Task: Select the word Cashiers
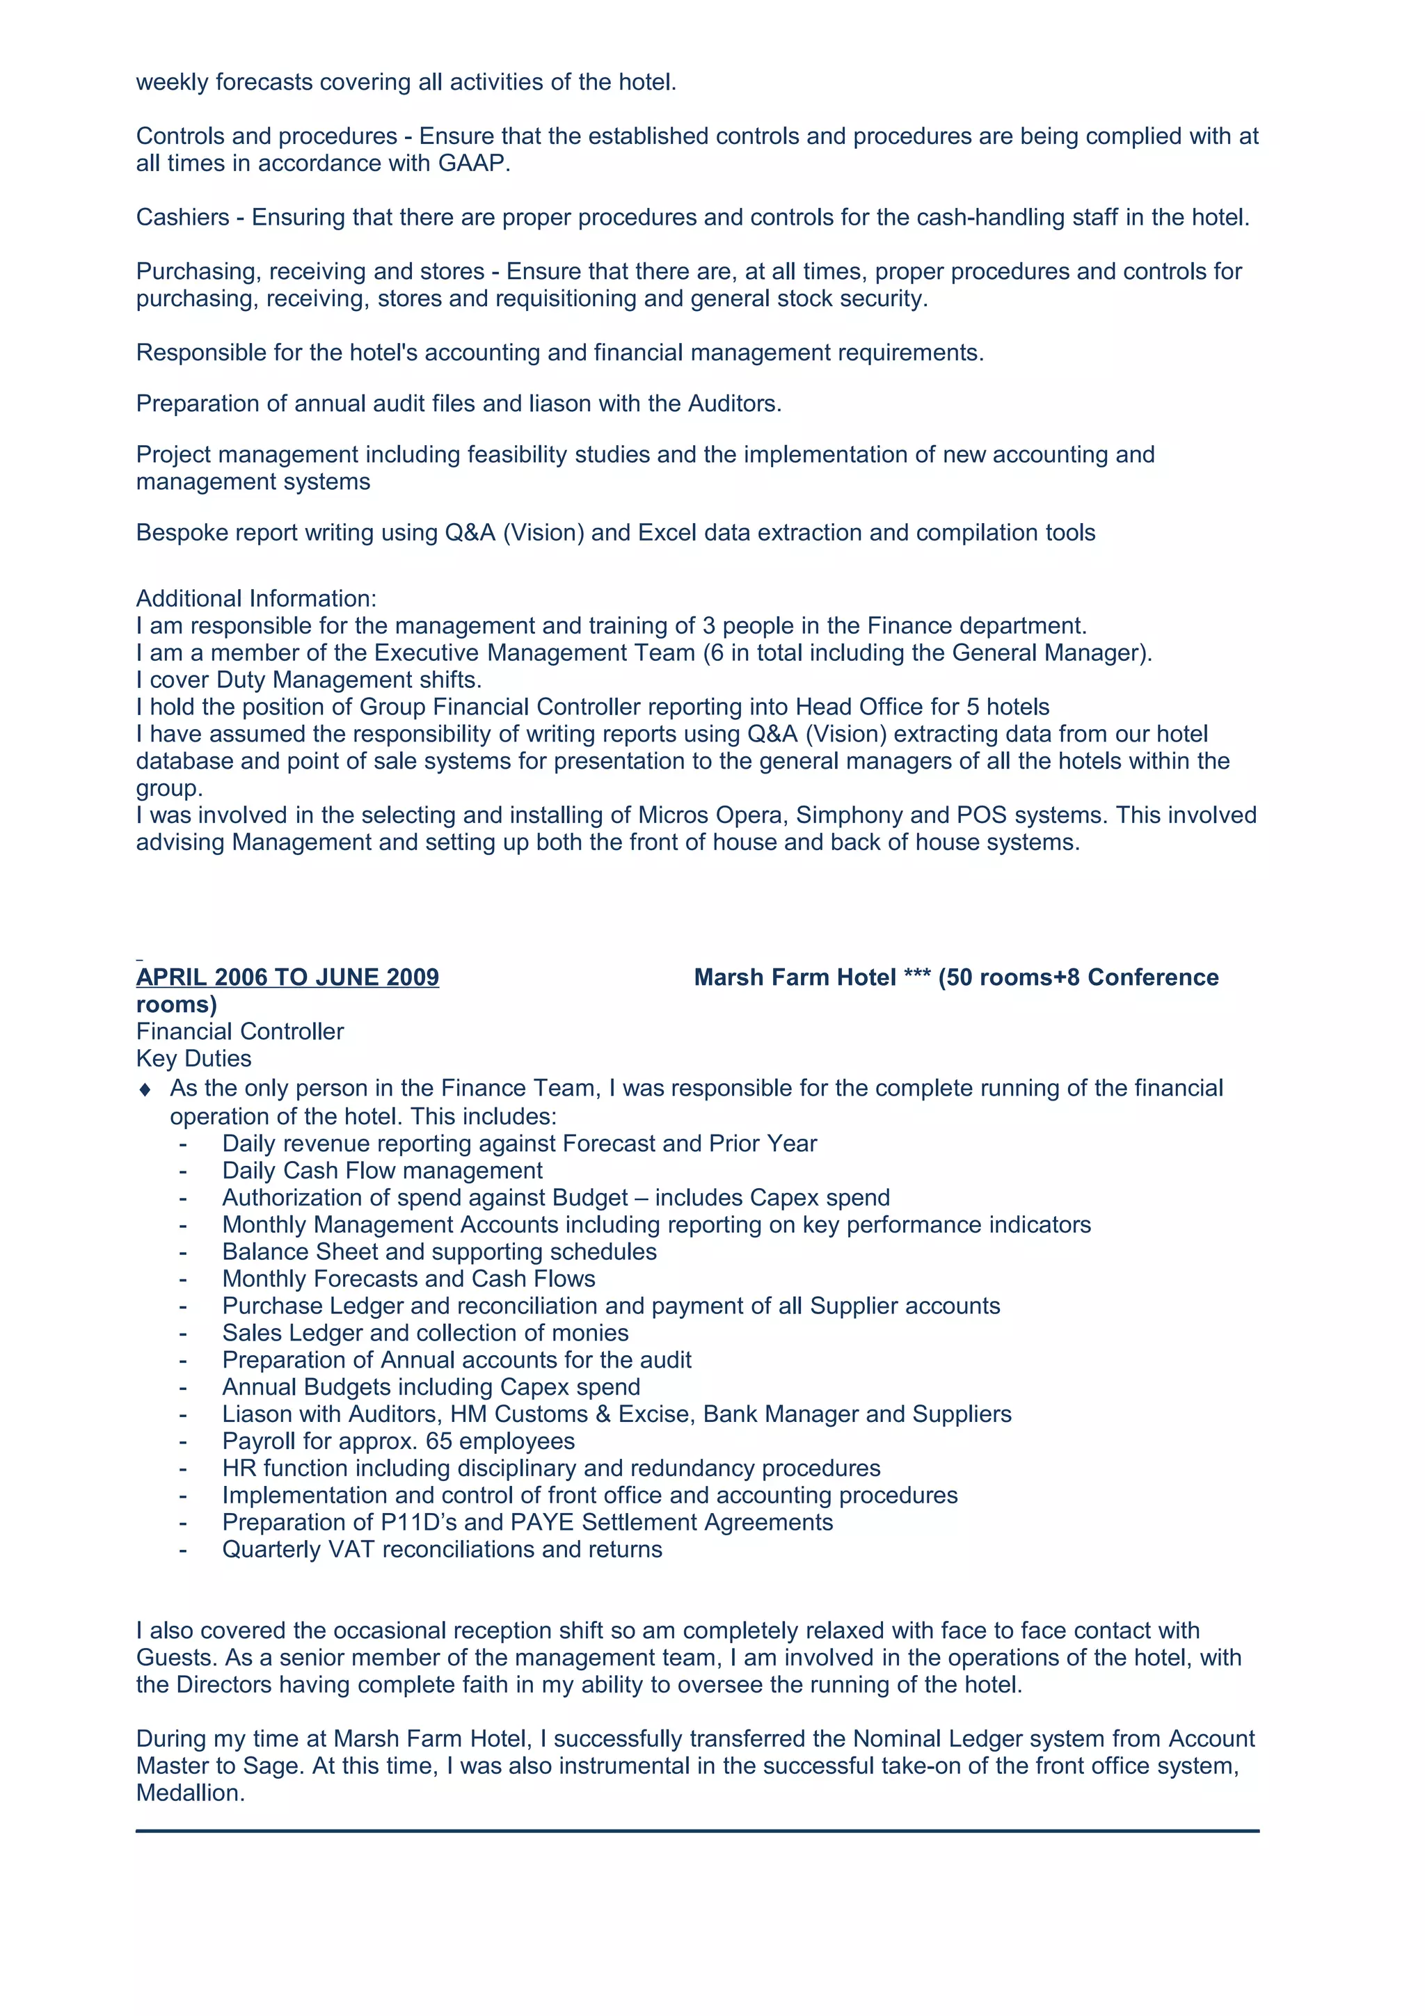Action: (182, 217)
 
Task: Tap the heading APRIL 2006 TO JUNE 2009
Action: (287, 977)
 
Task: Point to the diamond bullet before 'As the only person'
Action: (145, 1089)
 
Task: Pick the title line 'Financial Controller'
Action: (239, 1031)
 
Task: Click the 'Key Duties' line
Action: (193, 1058)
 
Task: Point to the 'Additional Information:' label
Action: (255, 598)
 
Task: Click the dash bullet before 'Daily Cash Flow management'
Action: (182, 1171)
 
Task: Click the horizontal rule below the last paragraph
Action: (697, 1831)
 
